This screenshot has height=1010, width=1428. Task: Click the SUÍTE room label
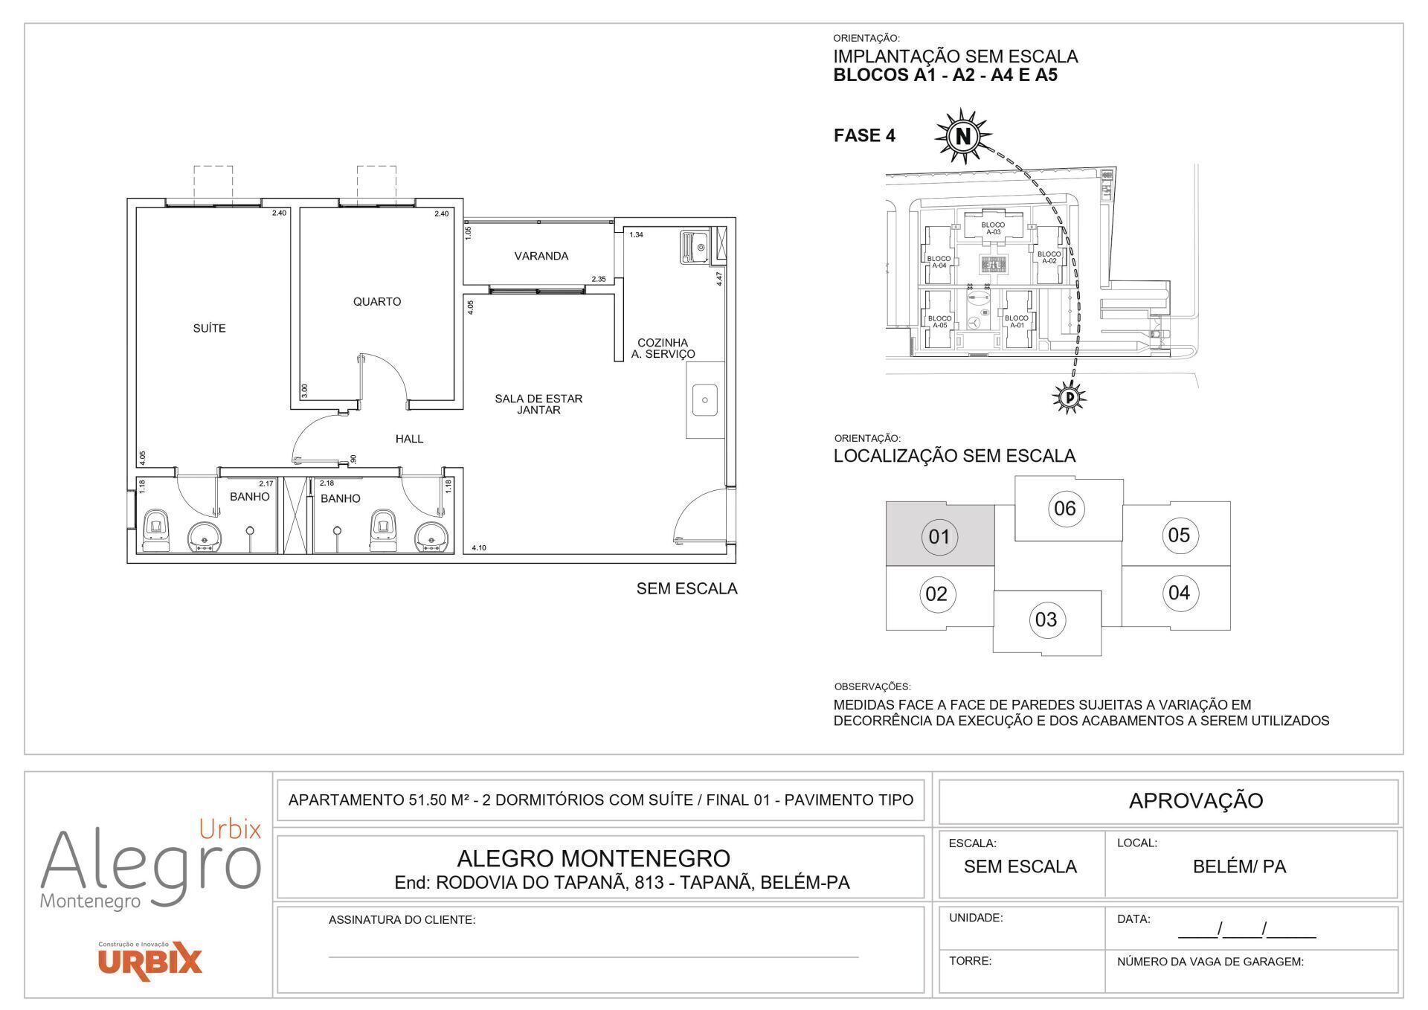(209, 328)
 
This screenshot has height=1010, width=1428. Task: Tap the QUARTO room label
(376, 301)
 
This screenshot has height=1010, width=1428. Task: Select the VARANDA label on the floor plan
(541, 256)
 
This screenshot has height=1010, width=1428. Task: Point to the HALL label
(409, 439)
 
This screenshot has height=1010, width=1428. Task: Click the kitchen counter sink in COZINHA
(704, 399)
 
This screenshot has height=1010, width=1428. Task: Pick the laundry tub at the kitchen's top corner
(695, 247)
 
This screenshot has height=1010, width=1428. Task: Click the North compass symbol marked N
(963, 136)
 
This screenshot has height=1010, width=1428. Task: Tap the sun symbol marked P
(1070, 398)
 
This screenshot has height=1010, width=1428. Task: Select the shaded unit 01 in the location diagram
(939, 536)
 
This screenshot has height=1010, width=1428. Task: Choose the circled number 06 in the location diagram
(1065, 508)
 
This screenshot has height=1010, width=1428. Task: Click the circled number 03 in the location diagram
(1046, 619)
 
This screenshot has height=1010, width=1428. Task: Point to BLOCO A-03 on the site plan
(992, 228)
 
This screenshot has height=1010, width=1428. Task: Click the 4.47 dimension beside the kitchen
(719, 279)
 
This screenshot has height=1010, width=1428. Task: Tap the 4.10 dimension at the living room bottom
(479, 548)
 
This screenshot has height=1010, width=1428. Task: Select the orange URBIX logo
(149, 961)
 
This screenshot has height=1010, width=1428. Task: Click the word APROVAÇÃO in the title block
(1195, 800)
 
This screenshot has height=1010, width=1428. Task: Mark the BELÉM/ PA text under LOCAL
(1238, 866)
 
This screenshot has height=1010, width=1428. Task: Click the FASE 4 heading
(864, 135)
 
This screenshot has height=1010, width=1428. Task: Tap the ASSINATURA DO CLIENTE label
(402, 920)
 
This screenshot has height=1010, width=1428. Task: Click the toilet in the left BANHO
(156, 530)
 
